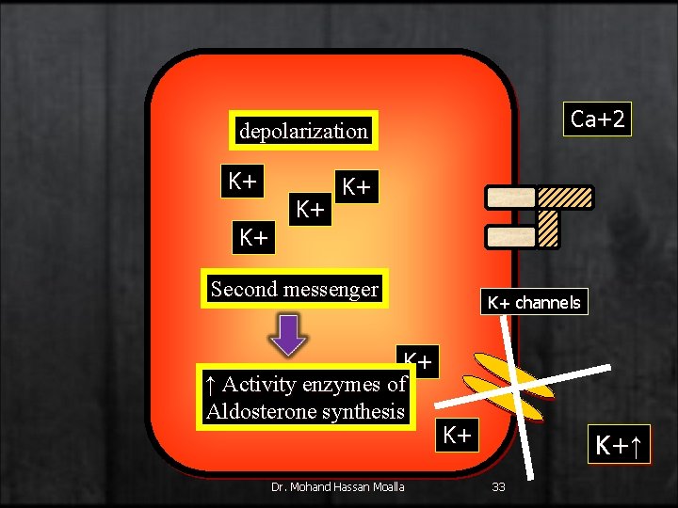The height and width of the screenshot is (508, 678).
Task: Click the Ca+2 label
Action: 598,119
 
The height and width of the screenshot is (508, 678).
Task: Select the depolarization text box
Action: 303,132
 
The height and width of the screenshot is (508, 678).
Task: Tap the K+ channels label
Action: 533,302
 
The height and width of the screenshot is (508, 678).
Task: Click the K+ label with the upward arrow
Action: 620,443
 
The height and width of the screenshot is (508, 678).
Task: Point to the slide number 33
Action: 499,486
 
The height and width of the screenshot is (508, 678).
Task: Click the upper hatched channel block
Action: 565,197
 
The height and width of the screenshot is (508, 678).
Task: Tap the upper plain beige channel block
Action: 511,197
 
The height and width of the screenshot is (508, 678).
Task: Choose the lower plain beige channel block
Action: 511,236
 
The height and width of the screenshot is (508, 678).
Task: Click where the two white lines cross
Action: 519,383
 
